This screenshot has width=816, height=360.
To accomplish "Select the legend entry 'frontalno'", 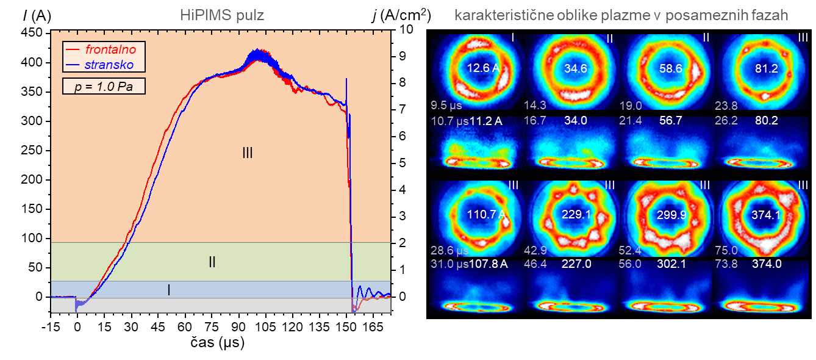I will click(110, 49).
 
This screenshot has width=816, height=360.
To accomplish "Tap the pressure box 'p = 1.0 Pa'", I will click(104, 87).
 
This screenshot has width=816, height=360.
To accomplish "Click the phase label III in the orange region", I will click(247, 153).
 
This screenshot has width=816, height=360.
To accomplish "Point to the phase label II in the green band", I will click(212, 262).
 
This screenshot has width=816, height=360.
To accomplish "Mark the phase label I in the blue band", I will click(169, 290).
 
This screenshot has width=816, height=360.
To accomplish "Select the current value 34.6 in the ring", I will click(575, 68).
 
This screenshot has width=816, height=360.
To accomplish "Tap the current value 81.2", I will click(766, 68).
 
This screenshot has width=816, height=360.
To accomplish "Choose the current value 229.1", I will click(575, 215).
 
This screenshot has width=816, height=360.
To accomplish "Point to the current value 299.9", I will click(671, 215).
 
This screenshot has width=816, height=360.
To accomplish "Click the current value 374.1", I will click(766, 215).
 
